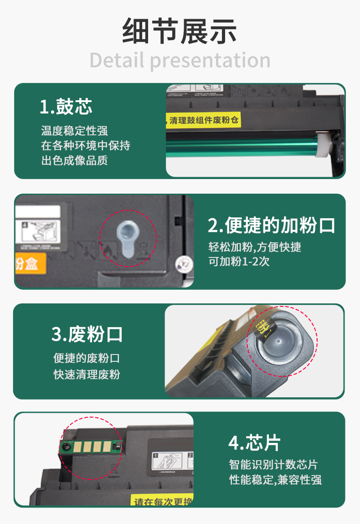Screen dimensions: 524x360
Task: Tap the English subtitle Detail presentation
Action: point(180,61)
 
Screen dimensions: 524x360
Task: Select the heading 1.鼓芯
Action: point(66,106)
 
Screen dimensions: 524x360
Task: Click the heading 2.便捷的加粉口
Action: point(272,225)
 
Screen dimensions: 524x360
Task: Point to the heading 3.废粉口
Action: point(87,334)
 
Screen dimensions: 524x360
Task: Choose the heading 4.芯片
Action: point(254,442)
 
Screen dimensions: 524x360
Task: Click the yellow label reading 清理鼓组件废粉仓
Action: point(204,121)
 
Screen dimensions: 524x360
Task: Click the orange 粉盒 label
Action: point(30,263)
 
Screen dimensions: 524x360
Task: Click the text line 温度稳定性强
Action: point(74,131)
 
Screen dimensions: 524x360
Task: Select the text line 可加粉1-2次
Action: point(239,262)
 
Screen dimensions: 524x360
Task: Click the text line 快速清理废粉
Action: point(87,375)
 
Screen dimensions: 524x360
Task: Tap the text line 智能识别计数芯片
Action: point(273,465)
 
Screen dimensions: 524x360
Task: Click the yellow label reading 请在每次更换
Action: point(162,501)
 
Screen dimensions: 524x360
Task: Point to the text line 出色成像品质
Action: point(74,160)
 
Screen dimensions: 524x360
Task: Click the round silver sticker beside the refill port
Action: point(182,263)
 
